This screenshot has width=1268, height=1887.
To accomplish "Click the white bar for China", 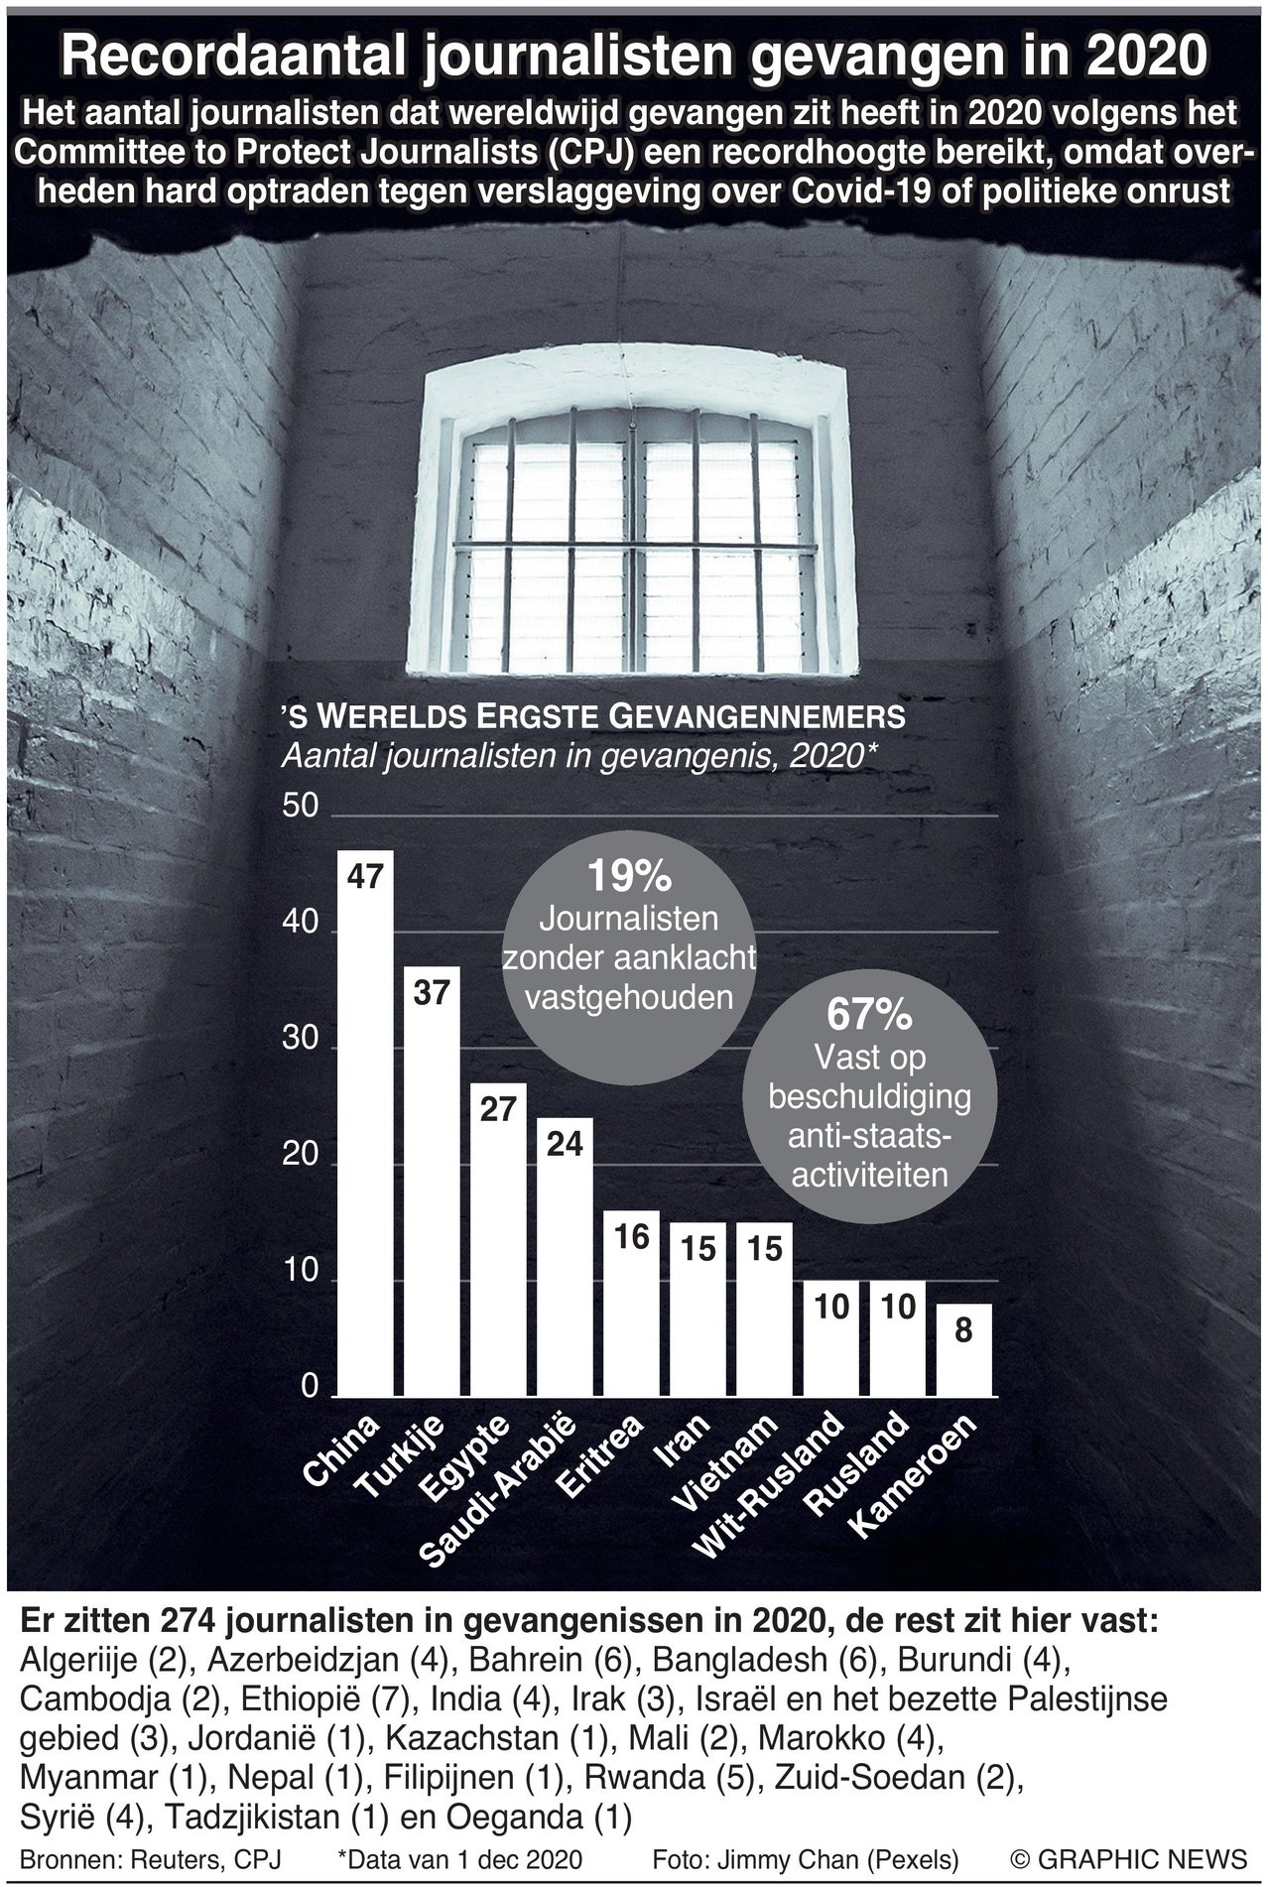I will coord(365,1121).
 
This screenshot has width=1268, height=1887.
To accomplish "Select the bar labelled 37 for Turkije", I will coord(432,1181).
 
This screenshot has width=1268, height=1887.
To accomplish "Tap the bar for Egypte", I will coord(498,1240).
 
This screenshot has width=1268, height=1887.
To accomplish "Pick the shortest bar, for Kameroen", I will coord(963,1349).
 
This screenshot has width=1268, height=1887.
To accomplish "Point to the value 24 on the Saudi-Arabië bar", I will coord(565,1144).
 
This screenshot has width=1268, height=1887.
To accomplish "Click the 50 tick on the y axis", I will coord(301,806).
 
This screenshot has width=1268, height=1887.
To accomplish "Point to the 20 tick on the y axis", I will coord(301,1155).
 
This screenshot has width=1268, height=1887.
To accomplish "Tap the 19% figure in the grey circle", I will coord(629,877).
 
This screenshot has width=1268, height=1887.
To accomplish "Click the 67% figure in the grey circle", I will coord(869,1015).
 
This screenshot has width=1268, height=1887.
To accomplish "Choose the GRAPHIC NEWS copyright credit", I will coord(1128,1858).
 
